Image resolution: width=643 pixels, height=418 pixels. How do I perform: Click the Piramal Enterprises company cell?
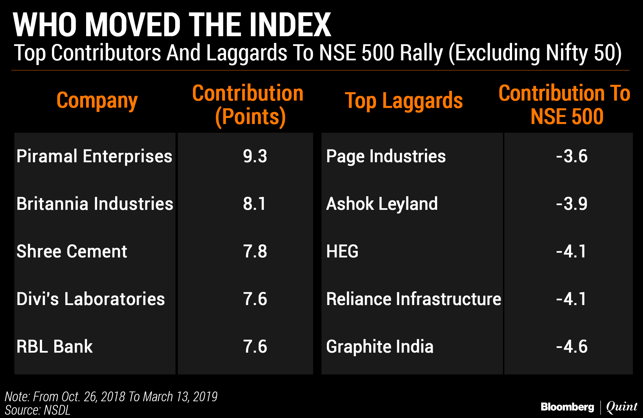(x=94, y=156)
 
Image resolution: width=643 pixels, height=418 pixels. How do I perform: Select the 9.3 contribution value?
(x=255, y=156)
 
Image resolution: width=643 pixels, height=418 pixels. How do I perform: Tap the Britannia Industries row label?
(x=95, y=204)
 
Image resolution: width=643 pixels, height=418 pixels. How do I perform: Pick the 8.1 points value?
(x=254, y=204)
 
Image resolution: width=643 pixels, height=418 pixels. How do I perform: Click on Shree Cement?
(x=72, y=251)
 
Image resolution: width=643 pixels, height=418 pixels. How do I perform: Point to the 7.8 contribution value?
(x=255, y=251)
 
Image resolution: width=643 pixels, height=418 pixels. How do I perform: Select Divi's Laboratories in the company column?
(x=90, y=299)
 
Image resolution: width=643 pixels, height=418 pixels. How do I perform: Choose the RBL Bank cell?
(x=55, y=347)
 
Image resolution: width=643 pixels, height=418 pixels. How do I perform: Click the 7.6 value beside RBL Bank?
(x=255, y=347)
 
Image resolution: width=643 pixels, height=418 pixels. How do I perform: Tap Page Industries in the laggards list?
(x=386, y=156)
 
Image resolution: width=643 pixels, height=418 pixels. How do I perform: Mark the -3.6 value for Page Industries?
(x=572, y=156)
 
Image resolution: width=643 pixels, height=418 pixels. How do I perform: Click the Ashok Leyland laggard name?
(x=382, y=204)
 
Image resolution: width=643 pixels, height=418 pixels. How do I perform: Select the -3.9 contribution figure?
(x=572, y=204)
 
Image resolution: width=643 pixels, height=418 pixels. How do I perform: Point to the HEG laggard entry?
(x=342, y=251)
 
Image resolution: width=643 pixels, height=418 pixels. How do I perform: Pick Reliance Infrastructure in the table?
(x=414, y=299)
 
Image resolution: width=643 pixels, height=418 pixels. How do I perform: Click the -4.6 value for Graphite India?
(x=572, y=347)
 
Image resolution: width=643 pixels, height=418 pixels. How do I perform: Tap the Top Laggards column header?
(x=404, y=101)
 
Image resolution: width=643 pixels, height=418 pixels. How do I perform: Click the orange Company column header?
(x=97, y=101)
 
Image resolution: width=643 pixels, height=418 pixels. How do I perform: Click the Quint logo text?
(x=622, y=407)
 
